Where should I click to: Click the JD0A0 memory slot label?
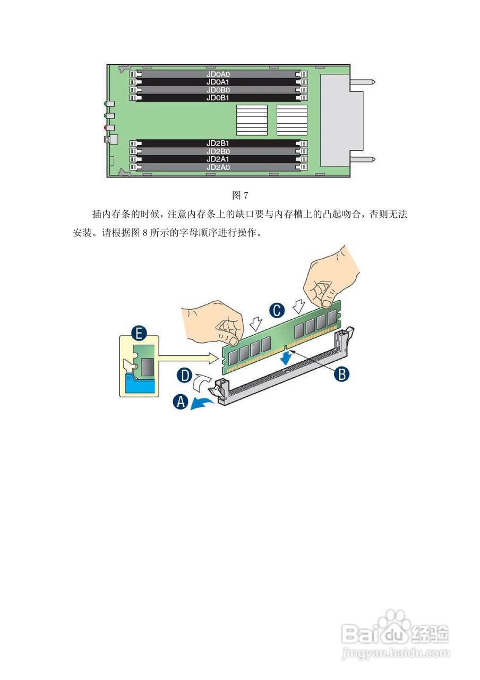click(218, 75)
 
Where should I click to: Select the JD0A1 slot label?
click(218, 82)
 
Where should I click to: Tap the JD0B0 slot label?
click(218, 90)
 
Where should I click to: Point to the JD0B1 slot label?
click(218, 98)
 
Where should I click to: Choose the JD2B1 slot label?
click(218, 143)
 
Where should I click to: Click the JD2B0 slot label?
click(218, 151)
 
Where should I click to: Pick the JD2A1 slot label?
click(218, 159)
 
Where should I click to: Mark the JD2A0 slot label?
click(218, 167)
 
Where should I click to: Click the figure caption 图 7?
click(241, 195)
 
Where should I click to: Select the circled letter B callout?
click(341, 374)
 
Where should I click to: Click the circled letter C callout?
click(276, 310)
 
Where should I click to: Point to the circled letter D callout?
click(184, 376)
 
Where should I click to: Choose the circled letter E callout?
click(139, 334)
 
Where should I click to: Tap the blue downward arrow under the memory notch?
click(287, 360)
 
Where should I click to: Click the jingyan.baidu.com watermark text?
click(396, 652)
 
